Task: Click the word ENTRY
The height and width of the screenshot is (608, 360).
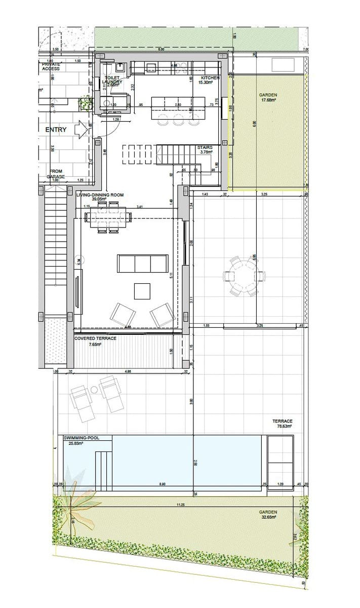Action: click(56, 130)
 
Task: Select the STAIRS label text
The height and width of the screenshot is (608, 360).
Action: click(205, 147)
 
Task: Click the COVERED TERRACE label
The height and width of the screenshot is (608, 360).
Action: click(95, 338)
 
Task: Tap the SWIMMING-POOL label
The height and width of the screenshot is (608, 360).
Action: click(81, 437)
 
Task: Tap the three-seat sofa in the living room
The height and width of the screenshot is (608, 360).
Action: click(142, 263)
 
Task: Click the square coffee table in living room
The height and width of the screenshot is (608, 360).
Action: click(142, 291)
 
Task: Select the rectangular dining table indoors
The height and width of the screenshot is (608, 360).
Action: click(108, 217)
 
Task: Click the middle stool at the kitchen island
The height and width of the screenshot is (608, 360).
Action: click(178, 120)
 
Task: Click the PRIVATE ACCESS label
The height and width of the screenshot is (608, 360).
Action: click(51, 66)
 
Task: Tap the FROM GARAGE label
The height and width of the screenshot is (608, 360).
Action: click(56, 174)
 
